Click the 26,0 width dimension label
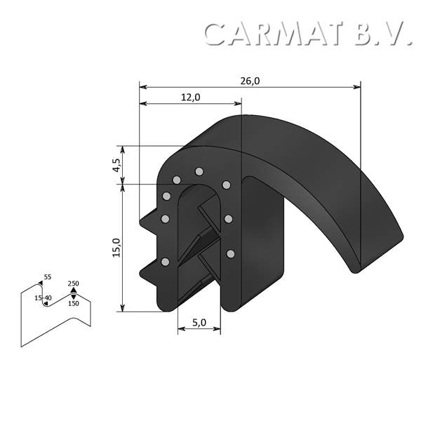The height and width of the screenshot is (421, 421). click(250, 81)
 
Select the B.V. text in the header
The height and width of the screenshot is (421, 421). click(382, 34)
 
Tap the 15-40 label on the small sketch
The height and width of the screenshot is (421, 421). click(43, 298)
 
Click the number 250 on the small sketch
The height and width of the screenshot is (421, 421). click(73, 283)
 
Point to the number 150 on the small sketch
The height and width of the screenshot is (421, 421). click(73, 304)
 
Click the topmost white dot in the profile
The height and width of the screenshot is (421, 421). click(199, 171)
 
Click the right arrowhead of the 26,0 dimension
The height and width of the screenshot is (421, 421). click(357, 87)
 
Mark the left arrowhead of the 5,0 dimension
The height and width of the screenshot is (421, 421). click(180, 328)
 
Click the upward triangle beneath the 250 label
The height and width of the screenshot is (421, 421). click(73, 290)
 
